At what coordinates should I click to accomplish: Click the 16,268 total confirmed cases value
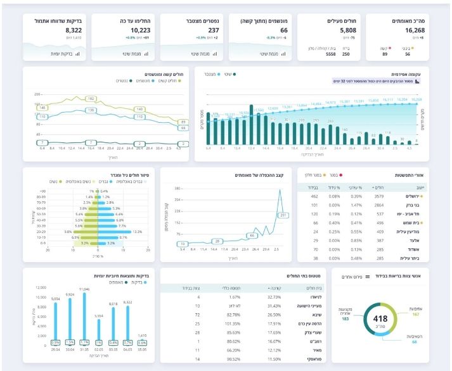(x=411, y=30)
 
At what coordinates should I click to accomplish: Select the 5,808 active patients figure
(x=344, y=30)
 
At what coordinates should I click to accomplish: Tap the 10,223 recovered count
(x=140, y=30)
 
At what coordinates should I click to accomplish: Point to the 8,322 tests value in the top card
(x=73, y=30)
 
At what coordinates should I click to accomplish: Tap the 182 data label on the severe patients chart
(x=91, y=99)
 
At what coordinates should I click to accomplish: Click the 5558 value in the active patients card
(x=330, y=54)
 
